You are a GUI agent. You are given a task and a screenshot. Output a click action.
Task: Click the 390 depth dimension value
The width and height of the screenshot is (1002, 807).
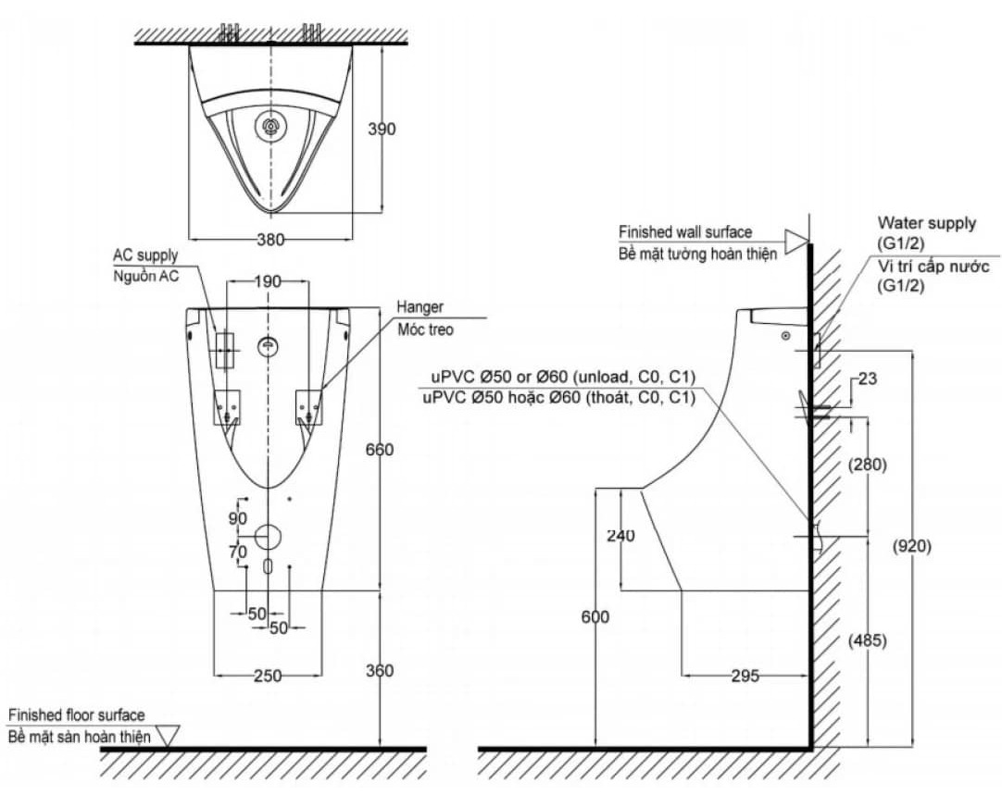point(382,129)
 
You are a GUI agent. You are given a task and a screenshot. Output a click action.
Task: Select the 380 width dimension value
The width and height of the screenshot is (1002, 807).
point(271,240)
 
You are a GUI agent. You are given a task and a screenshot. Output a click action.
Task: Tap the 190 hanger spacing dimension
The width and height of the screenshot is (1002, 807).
point(269,281)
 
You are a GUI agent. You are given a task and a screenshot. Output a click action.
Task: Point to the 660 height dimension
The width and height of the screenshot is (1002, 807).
point(380,450)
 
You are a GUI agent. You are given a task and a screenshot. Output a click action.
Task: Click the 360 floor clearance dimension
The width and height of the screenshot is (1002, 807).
point(380,671)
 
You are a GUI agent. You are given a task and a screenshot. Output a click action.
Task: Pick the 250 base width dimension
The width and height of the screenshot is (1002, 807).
point(268,676)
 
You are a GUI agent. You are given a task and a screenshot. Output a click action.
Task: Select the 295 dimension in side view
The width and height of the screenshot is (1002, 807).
point(745,676)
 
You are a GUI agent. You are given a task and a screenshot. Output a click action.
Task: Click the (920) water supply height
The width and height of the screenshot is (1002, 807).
point(912,546)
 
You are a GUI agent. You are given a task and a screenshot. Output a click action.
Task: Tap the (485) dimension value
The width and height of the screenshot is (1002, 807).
point(867,640)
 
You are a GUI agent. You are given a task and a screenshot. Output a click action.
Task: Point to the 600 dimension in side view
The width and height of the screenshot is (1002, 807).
point(595,616)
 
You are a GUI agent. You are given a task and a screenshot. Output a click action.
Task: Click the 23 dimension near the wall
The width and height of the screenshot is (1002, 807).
point(867,379)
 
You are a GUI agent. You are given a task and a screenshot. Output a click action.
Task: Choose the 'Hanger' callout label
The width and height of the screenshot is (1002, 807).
point(420,307)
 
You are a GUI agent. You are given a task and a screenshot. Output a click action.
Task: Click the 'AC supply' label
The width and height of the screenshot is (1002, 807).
point(145,255)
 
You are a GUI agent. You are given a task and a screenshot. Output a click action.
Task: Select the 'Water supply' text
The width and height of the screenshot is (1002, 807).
point(927,223)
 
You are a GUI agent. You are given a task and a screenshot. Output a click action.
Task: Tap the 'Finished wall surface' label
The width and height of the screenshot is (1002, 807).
point(685,231)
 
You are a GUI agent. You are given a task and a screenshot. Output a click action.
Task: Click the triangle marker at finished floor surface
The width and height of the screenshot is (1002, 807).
point(168,736)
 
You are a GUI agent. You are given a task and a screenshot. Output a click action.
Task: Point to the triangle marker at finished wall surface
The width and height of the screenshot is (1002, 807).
point(796,242)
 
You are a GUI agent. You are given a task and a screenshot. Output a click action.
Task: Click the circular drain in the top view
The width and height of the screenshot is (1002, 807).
point(271,126)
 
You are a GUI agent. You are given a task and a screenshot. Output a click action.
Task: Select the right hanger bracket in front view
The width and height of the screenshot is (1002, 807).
point(309,406)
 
